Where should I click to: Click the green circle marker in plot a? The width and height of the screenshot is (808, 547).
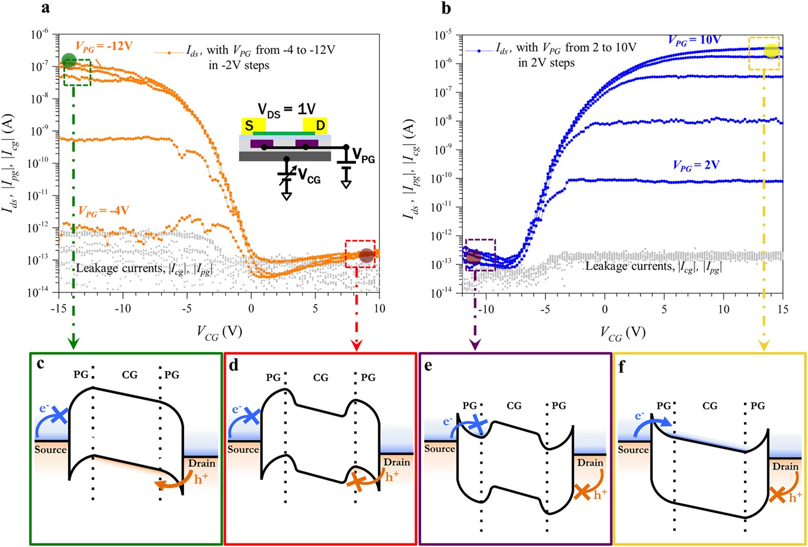coord(69,61)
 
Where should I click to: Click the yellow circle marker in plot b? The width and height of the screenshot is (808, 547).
coord(771,50)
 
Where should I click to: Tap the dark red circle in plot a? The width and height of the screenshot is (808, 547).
coord(366,255)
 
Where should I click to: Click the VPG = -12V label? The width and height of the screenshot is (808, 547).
coord(104,47)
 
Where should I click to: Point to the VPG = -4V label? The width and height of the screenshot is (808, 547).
coord(104,211)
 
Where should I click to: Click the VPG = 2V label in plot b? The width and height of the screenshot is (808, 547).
coord(696,165)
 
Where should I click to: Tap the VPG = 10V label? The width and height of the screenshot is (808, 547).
coord(695,41)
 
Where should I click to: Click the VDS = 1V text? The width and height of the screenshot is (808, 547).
coord(286,109)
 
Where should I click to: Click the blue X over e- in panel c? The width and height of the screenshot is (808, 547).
coord(60,415)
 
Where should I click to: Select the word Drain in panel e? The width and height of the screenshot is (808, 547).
coord(590,463)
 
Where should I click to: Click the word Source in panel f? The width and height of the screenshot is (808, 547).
coord(633,450)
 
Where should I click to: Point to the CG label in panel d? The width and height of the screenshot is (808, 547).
coord(321,378)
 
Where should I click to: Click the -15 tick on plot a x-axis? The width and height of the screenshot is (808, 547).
coord(59,308)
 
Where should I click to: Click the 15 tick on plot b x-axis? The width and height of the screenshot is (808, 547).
coord(782,309)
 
